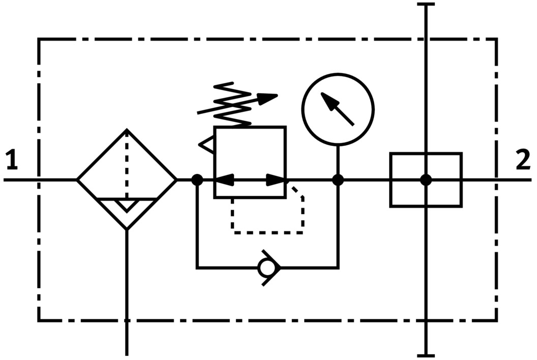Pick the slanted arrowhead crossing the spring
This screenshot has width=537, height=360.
pos(268,98)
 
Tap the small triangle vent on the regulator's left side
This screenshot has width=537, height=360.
pos(207,145)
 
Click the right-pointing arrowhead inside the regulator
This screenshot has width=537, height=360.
pos(276,179)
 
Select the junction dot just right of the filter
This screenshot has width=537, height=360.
pos(197,179)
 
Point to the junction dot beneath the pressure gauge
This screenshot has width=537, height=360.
pos(338,179)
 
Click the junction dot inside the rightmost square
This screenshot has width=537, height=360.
pos(426,179)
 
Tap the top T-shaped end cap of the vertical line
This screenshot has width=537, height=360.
pos(426,5)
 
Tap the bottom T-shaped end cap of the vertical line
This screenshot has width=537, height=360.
pos(426,355)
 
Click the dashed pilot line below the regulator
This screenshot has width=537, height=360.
pos(267,232)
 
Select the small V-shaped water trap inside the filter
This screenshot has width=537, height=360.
pos(127,205)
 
